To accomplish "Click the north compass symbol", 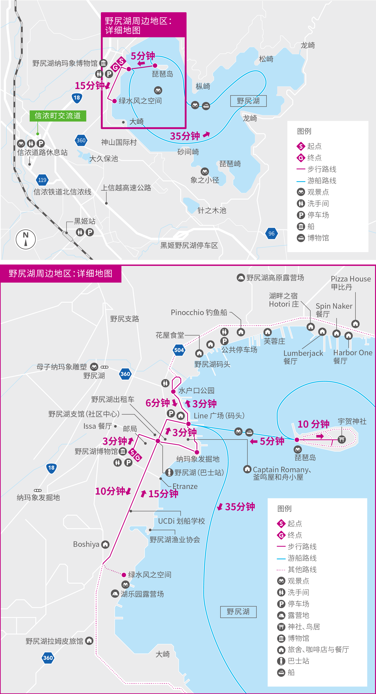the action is pyautogui.click(x=26, y=239).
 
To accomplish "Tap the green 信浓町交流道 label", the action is pyautogui.click(x=58, y=116).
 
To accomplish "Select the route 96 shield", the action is pyautogui.click(x=271, y=234).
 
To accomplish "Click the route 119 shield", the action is pyautogui.click(x=42, y=180).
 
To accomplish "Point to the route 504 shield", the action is pyautogui.click(x=179, y=350).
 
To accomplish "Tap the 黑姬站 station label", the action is pyautogui.click(x=85, y=221).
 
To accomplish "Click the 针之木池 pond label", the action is pyautogui.click(x=212, y=210).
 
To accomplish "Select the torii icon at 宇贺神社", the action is pyautogui.click(x=342, y=439).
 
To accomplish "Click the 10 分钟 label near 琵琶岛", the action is pyautogui.click(x=313, y=424).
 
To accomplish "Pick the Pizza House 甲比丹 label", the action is pyautogui.click(x=350, y=283).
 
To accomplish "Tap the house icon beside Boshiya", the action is pyautogui.click(x=105, y=545).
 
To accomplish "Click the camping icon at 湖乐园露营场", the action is pyautogui.click(x=115, y=594).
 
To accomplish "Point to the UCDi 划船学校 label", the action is pyautogui.click(x=182, y=521).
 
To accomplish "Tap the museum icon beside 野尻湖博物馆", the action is pyautogui.click(x=123, y=451).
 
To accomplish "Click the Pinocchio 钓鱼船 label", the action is pyautogui.click(x=199, y=312).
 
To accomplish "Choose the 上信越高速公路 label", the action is pyautogui.click(x=126, y=188).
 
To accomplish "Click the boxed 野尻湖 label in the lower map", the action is pyautogui.click(x=238, y=612).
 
